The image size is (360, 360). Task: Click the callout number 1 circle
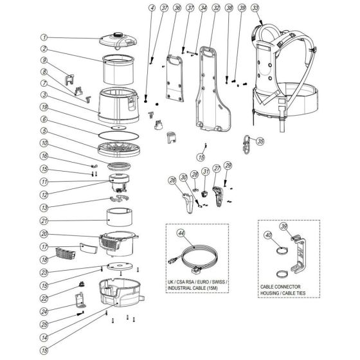coord(44,37)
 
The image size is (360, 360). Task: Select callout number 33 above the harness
coord(255,8)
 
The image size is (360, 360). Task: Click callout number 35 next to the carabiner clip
coord(260,141)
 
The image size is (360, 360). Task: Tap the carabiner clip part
coord(244,141)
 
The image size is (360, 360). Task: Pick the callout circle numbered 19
coord(44,107)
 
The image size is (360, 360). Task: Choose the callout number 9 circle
coord(44,60)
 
